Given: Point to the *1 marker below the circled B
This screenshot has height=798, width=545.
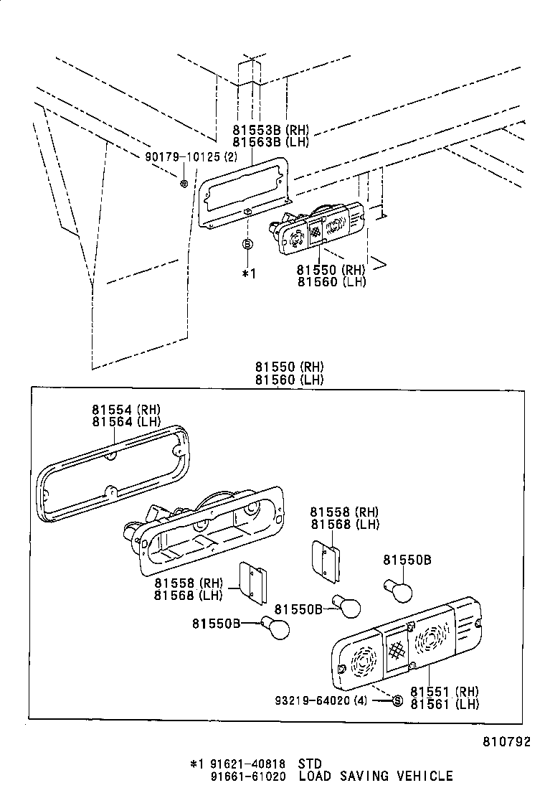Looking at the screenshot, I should click(x=248, y=273).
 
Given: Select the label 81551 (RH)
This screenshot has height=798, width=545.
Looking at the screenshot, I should click(x=445, y=692).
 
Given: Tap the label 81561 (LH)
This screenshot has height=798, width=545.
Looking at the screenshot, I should click(x=445, y=704).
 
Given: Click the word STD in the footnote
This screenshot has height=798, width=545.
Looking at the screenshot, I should click(x=310, y=764).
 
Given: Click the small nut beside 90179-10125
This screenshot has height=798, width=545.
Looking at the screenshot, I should click(x=184, y=184).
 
